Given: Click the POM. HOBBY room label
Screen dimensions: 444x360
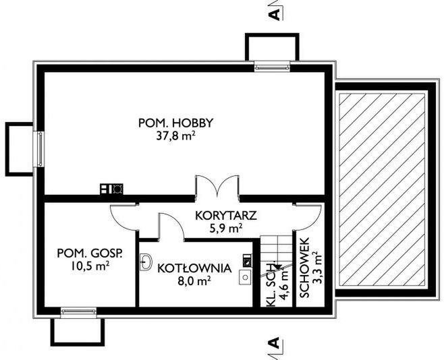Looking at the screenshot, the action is click(x=175, y=123).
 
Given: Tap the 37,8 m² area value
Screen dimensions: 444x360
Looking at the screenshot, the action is click(x=175, y=136).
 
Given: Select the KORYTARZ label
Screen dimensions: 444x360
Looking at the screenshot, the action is click(x=226, y=216).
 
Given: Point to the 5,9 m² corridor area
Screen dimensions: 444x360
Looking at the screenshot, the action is click(x=226, y=228).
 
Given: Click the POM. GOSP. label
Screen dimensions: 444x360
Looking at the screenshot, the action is click(x=90, y=253).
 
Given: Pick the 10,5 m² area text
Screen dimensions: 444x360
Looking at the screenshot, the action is click(x=90, y=266).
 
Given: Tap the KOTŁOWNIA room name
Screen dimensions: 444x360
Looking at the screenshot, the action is click(x=194, y=268).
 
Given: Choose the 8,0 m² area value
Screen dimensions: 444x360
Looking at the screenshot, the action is click(x=194, y=281).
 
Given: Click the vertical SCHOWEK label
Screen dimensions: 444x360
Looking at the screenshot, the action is click(x=304, y=268).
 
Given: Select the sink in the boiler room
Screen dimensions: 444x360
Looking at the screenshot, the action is click(x=146, y=262).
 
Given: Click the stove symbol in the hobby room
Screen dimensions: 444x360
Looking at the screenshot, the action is click(x=111, y=189).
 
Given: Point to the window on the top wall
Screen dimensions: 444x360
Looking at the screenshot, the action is click(x=272, y=66).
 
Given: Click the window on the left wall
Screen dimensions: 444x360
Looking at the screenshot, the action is click(x=38, y=149).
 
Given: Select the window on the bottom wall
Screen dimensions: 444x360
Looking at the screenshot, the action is click(x=78, y=312).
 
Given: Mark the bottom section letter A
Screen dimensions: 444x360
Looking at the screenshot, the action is click(x=274, y=342).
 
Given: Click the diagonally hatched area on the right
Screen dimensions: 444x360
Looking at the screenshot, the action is click(x=383, y=189).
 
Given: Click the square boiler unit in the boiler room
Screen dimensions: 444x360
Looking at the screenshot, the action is click(x=245, y=277).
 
